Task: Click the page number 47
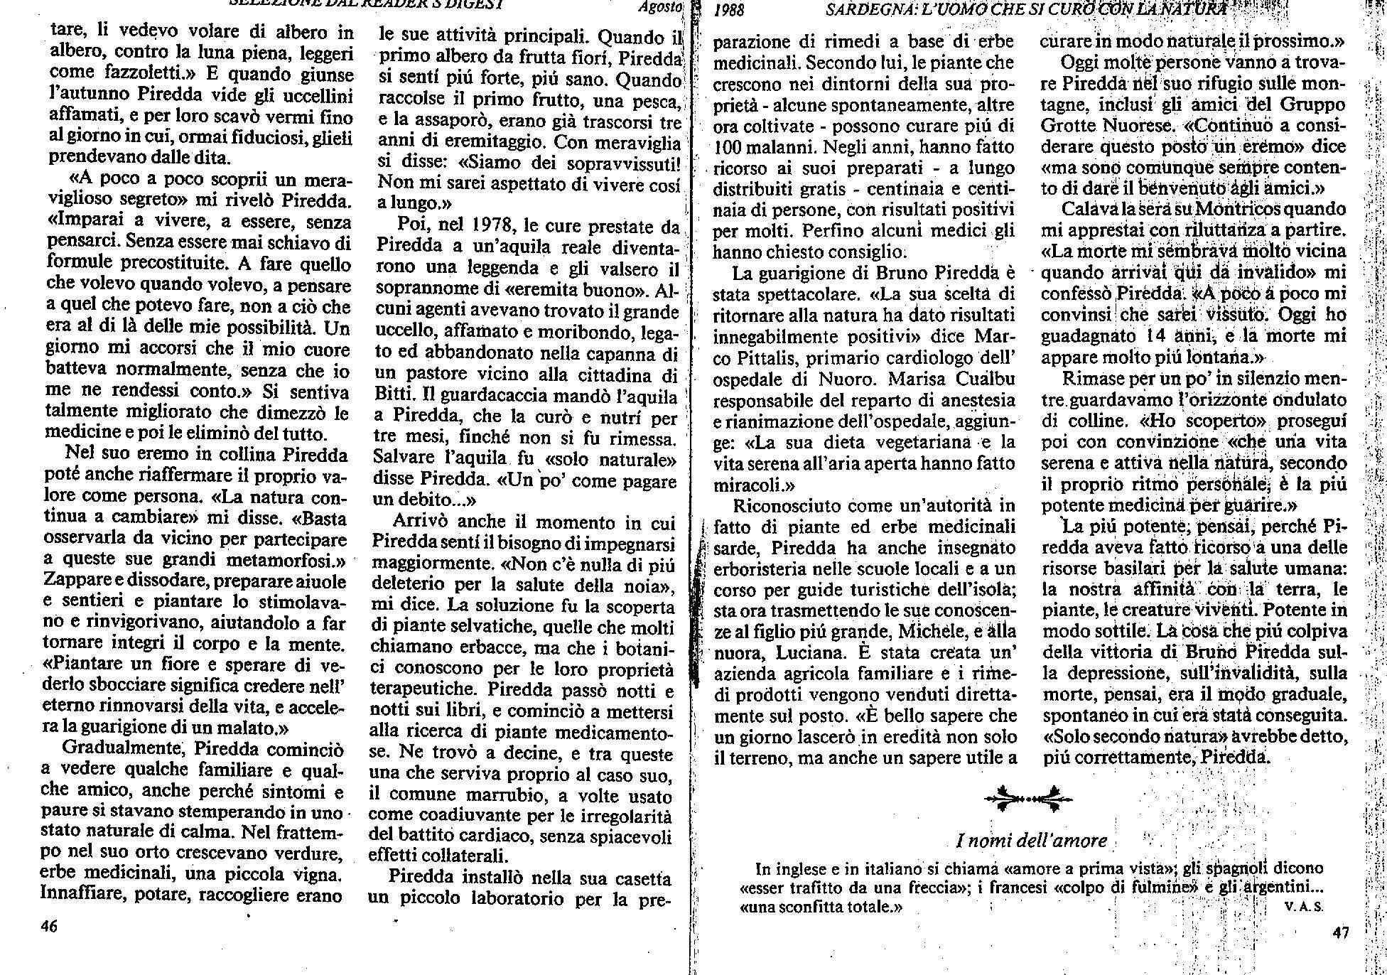click(1340, 933)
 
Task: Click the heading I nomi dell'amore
click(1032, 841)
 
